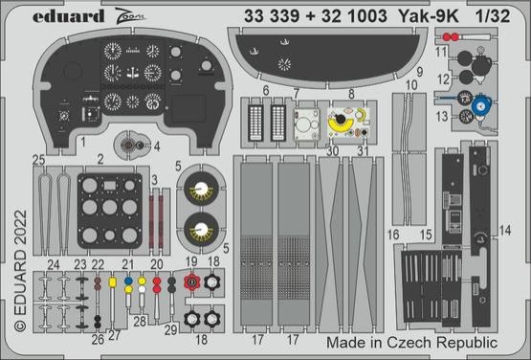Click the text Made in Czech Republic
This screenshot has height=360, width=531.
[x=412, y=342]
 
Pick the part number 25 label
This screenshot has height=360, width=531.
[x=38, y=159]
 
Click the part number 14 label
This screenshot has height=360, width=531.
[x=505, y=230]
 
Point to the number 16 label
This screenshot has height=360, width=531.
[x=393, y=233]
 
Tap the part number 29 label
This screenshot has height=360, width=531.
[x=169, y=328]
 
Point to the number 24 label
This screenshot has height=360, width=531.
[x=53, y=263]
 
